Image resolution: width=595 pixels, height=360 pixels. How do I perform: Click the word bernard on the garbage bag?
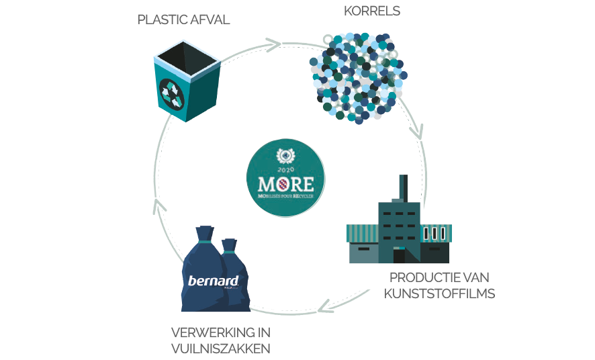pyautogui.click(x=210, y=281)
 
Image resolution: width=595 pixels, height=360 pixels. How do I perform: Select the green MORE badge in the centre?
pyautogui.click(x=285, y=177)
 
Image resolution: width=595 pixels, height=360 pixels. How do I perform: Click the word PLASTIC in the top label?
pyautogui.click(x=161, y=19)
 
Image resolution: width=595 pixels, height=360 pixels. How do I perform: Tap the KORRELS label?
pyautogui.click(x=371, y=11)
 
